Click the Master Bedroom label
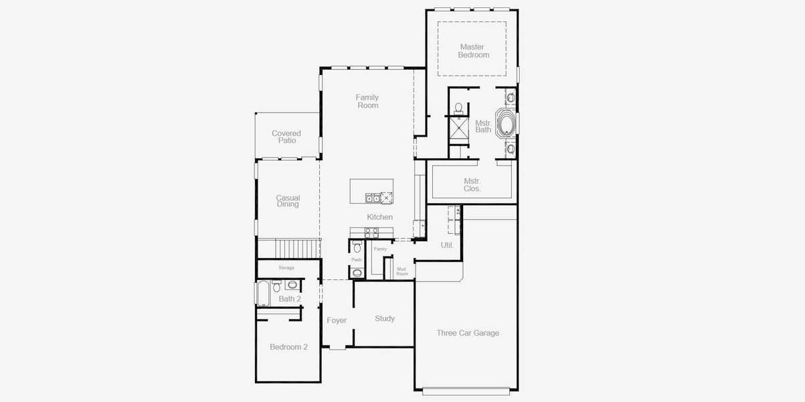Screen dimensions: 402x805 (473, 51)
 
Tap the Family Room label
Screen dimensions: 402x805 (367, 101)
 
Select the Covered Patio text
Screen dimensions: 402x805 (286, 137)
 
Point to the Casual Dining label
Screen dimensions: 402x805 (288, 201)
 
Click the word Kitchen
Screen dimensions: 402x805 (379, 217)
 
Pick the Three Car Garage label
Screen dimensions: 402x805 (468, 333)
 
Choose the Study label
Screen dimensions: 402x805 (385, 318)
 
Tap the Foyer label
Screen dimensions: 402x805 (337, 320)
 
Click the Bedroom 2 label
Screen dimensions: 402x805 (288, 347)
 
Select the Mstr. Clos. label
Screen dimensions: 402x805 (472, 185)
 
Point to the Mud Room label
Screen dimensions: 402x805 (402, 271)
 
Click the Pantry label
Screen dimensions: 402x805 (380, 249)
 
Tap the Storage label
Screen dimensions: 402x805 (286, 268)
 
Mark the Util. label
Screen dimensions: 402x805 (447, 245)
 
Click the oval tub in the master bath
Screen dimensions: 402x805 (506, 125)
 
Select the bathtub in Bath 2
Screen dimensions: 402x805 (263, 293)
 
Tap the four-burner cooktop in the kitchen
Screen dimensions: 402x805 (371, 232)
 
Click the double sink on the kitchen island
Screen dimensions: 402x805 (372, 198)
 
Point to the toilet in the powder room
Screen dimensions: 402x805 (357, 247)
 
